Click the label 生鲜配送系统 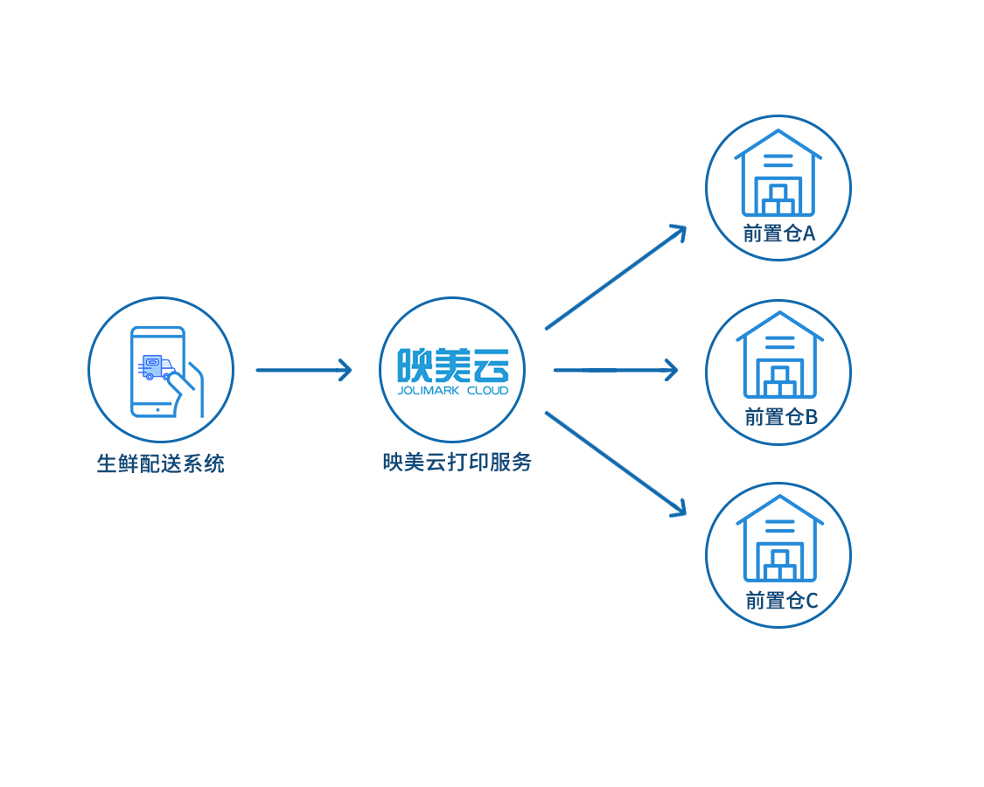pos(160,463)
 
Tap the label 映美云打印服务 pos(457,462)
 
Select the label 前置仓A pos(778,233)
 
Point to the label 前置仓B pos(780,417)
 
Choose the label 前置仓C pos(781,601)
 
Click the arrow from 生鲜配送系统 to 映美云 pos(303,370)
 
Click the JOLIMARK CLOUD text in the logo pos(452,390)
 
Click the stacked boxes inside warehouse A pos(778,200)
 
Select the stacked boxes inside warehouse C pos(779,566)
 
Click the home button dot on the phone pos(157,408)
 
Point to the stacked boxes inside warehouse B pos(779,382)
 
